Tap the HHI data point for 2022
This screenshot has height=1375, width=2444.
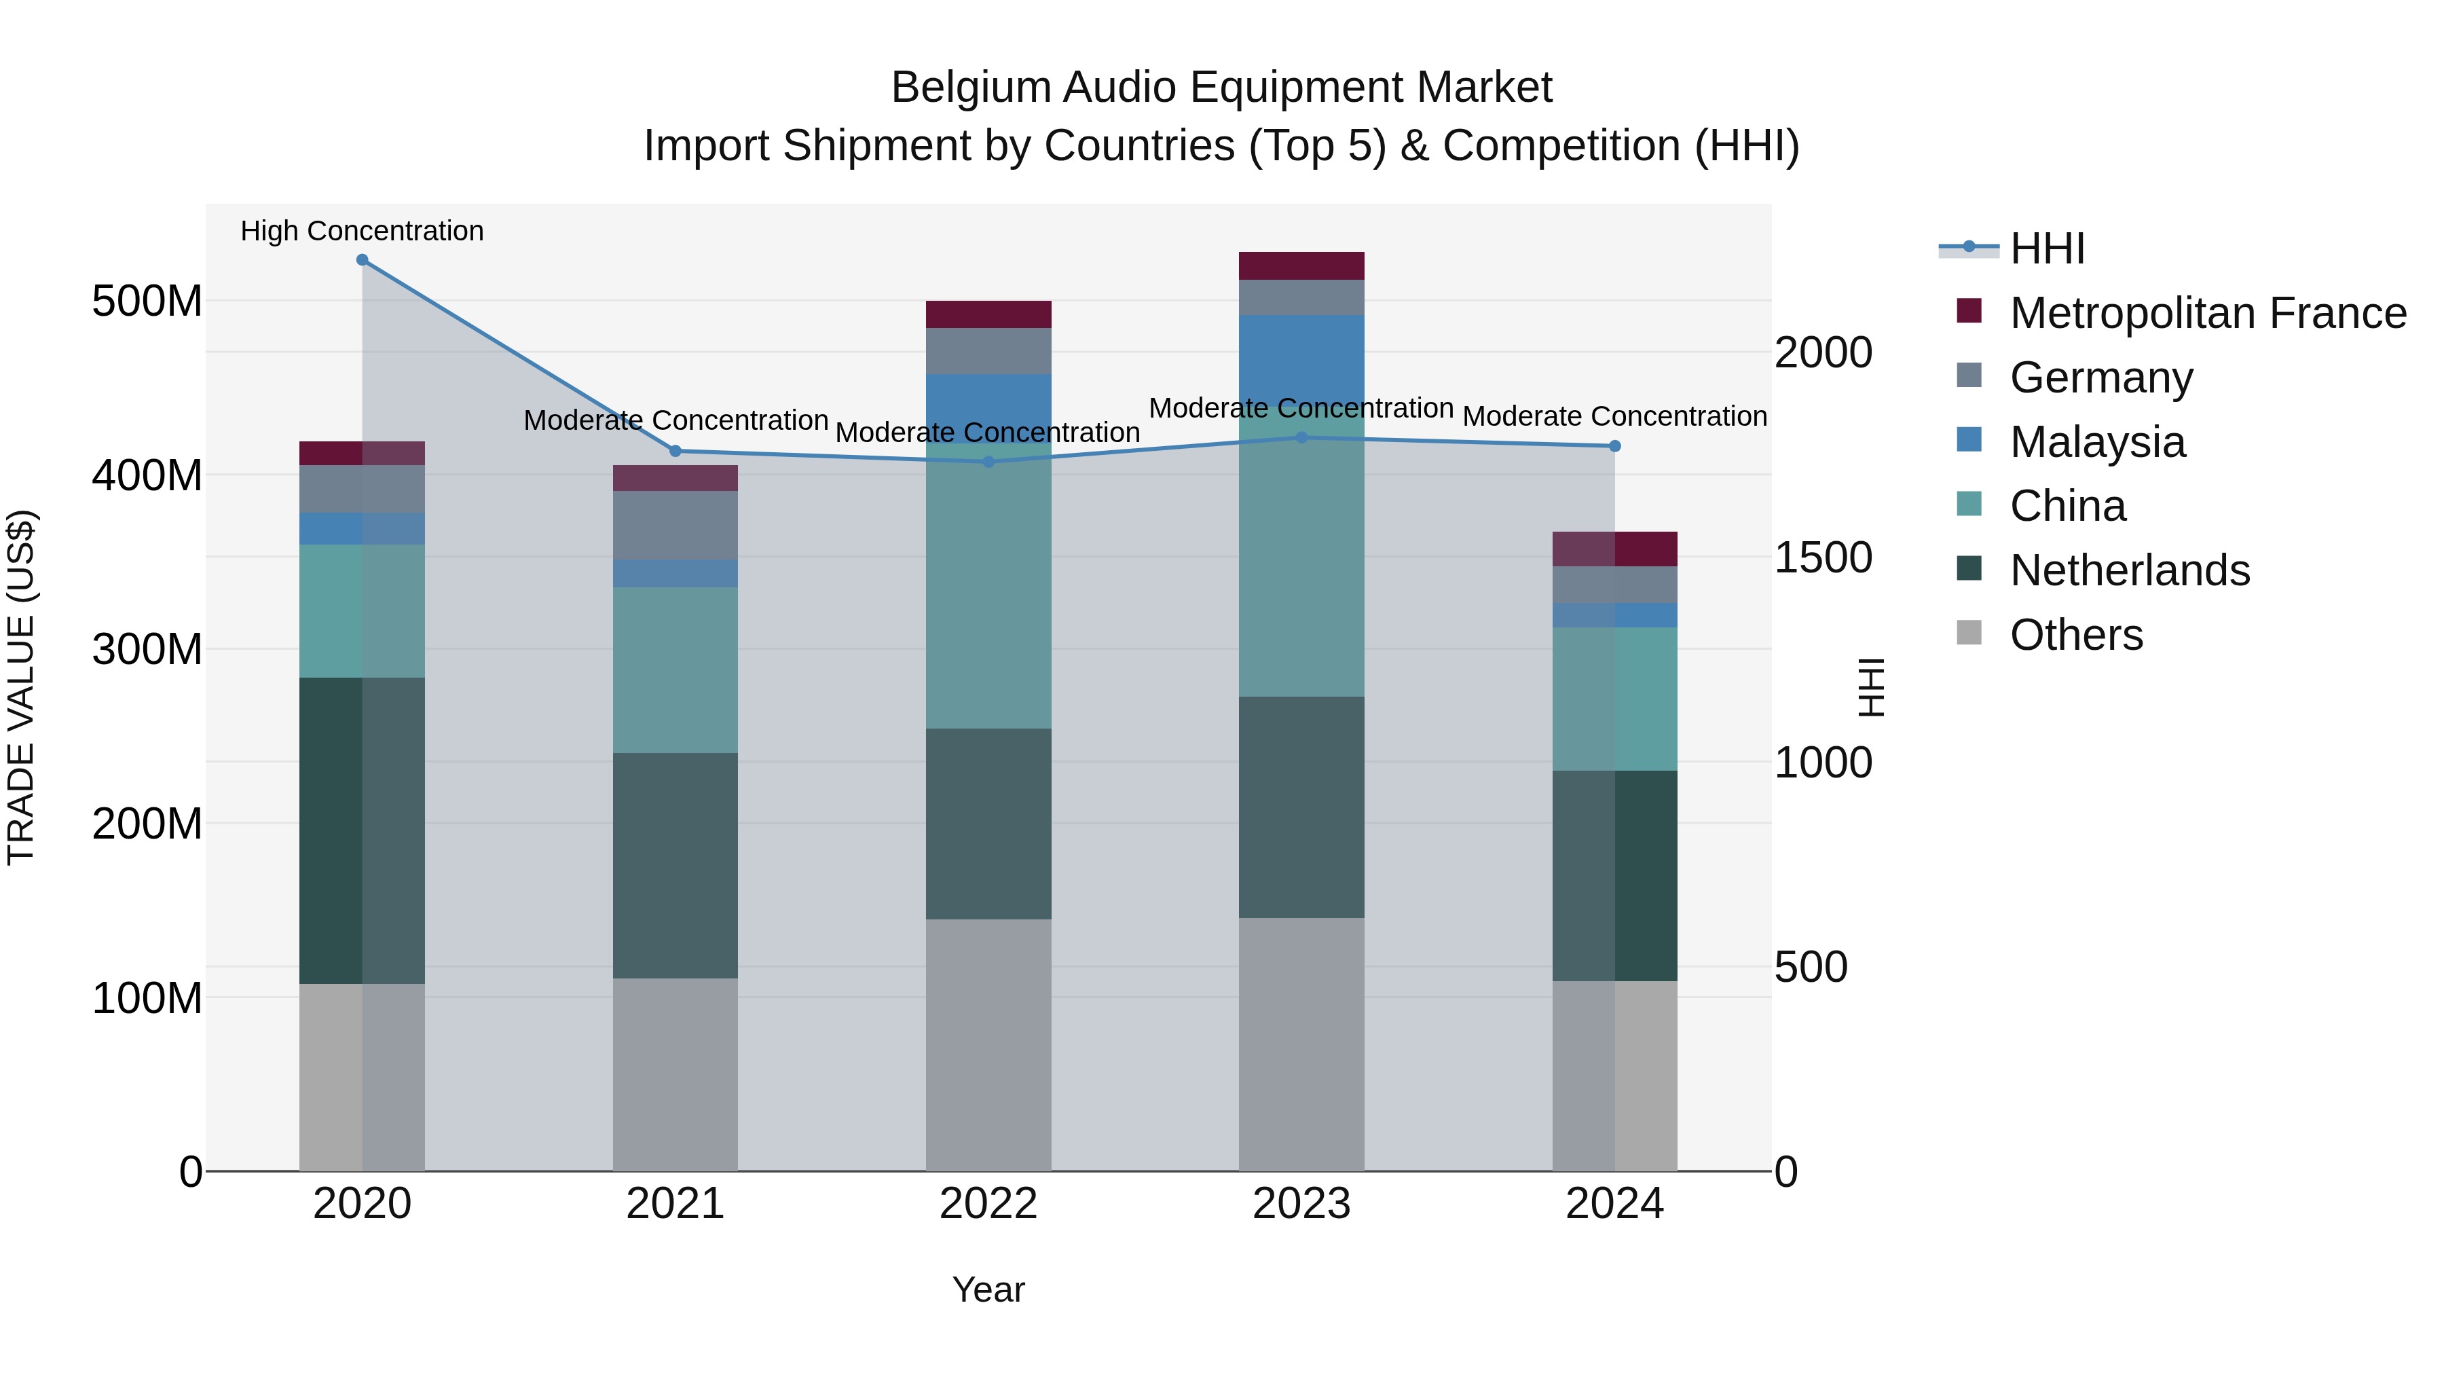click(988, 462)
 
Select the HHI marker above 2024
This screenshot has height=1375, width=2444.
click(1615, 446)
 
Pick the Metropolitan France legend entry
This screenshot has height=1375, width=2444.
click(2207, 313)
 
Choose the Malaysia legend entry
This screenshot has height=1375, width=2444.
click(2097, 442)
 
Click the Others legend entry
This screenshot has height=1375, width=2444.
click(2076, 635)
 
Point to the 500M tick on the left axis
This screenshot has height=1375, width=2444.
click(147, 301)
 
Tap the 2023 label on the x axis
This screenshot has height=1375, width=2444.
click(1301, 1204)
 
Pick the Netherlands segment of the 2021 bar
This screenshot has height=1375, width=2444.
click(675, 866)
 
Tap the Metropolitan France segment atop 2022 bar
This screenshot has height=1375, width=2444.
click(988, 314)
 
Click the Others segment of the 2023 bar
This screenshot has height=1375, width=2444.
click(1301, 1044)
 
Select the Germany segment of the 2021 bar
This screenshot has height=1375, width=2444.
click(675, 525)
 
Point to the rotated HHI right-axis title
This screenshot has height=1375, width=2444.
click(1870, 687)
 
